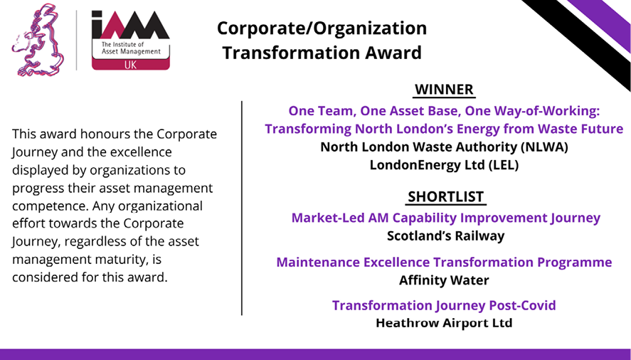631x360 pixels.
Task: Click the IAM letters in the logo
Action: tap(130, 25)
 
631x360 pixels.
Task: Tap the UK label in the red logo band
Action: tap(130, 65)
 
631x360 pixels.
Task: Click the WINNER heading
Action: tap(445, 90)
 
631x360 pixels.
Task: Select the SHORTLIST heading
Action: tap(445, 196)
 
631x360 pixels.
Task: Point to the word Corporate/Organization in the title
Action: tap(322, 28)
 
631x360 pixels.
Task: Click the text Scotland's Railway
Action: tap(445, 235)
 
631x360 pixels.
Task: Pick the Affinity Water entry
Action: tap(444, 280)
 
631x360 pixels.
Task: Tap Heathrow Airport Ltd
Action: tap(444, 323)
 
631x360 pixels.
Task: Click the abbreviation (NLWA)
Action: tap(544, 147)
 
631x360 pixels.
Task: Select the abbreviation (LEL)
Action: tap(504, 165)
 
